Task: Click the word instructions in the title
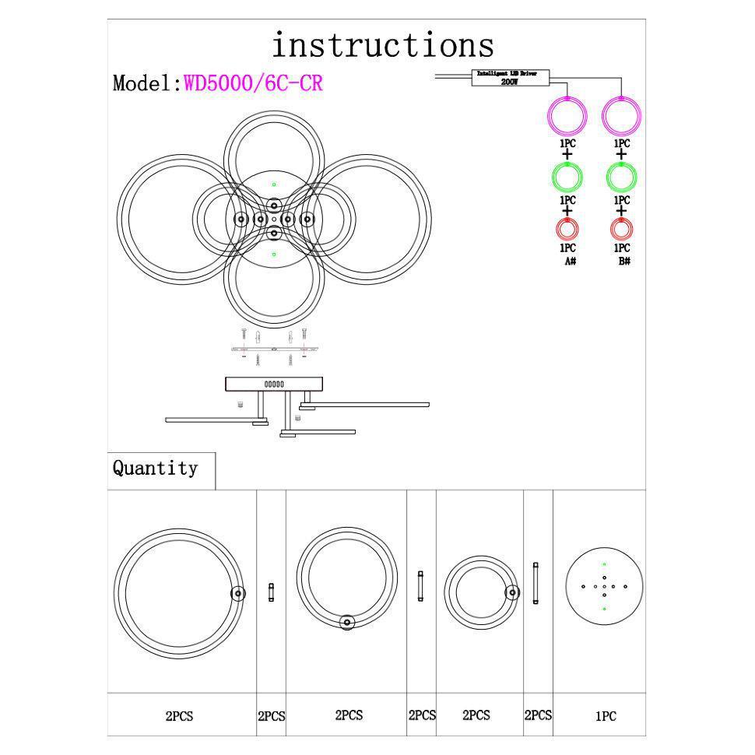(x=382, y=45)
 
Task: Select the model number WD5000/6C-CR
(x=253, y=83)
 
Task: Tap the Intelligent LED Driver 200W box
(x=512, y=76)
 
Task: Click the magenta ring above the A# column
(x=567, y=117)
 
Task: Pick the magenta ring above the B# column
(x=622, y=117)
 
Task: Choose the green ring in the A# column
(x=567, y=177)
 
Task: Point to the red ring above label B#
(x=621, y=229)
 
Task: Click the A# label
(x=570, y=262)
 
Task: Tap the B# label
(x=623, y=262)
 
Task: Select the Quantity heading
(x=156, y=469)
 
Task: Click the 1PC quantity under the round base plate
(x=606, y=717)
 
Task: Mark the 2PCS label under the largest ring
(x=178, y=716)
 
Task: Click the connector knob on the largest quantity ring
(x=237, y=594)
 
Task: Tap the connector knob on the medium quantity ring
(x=347, y=621)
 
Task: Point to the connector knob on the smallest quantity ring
(x=511, y=592)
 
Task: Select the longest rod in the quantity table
(x=536, y=584)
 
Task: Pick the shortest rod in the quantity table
(x=271, y=592)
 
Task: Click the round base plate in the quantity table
(x=604, y=585)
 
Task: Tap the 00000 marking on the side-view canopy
(x=274, y=385)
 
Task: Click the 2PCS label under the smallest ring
(x=476, y=715)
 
